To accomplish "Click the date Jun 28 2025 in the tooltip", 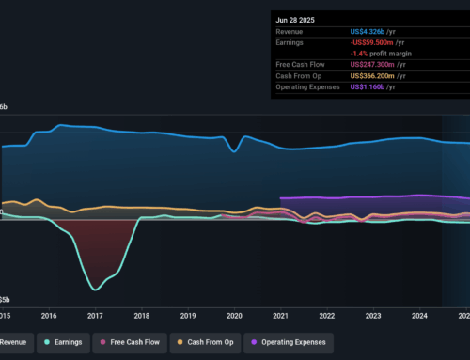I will pyautogui.click(x=295, y=17).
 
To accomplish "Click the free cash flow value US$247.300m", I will pyautogui.click(x=377, y=63).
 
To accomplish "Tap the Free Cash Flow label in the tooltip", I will pyautogui.click(x=301, y=63).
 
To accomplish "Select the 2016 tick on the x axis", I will pyautogui.click(x=49, y=316).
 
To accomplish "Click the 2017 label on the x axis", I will pyautogui.click(x=95, y=316).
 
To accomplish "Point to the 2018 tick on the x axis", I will pyautogui.click(x=141, y=316).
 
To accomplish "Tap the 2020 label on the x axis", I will pyautogui.click(x=234, y=316).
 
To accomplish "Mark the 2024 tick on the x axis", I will pyautogui.click(x=419, y=316).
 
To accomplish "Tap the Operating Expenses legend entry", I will pyautogui.click(x=288, y=344).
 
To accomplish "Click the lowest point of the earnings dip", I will pyautogui.click(x=94, y=289).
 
